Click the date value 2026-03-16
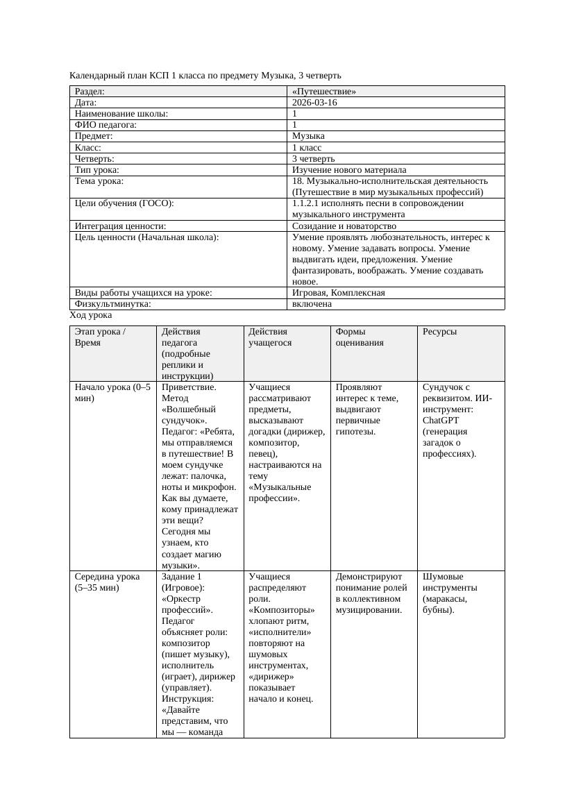[314, 103]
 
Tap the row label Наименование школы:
[121, 114]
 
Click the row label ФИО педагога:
[105, 125]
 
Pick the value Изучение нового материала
[349, 170]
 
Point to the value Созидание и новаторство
[344, 226]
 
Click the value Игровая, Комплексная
[339, 293]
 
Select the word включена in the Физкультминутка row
[312, 304]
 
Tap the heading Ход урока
[91, 315]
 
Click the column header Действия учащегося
[271, 337]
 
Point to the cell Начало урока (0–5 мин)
[112, 393]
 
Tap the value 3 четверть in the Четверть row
[314, 159]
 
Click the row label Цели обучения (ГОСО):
[124, 203]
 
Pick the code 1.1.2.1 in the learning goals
[307, 203]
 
